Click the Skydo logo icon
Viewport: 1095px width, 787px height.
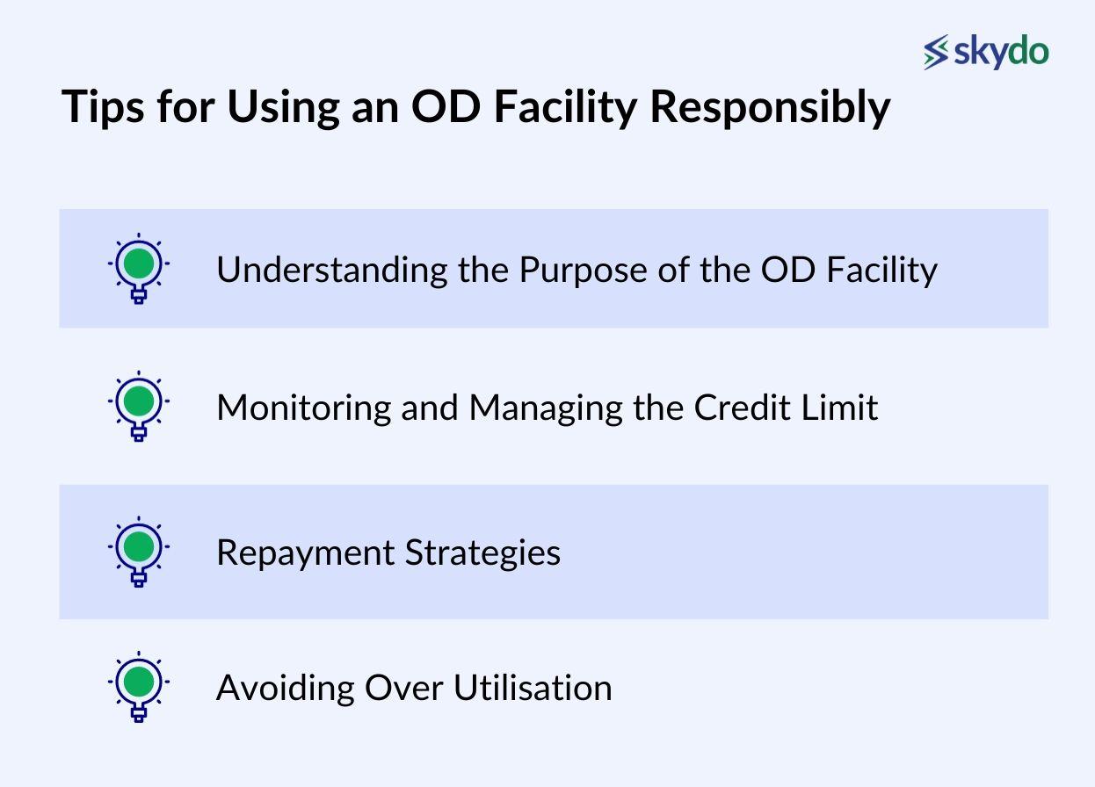click(937, 53)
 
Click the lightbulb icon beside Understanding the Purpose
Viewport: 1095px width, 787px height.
click(139, 267)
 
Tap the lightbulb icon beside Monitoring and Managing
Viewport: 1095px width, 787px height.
click(139, 406)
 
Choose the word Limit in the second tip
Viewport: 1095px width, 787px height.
click(843, 408)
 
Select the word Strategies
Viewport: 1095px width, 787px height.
click(482, 553)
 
